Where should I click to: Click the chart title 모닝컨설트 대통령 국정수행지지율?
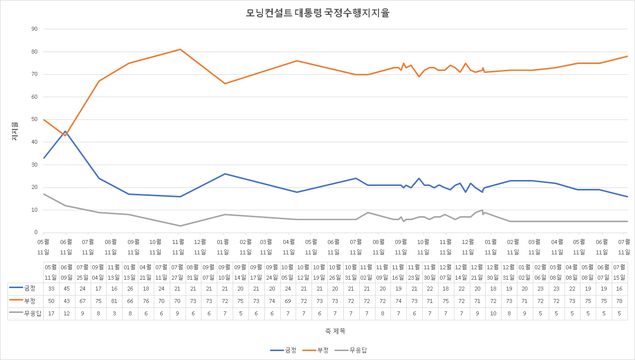[317, 13]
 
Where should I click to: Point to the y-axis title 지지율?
[15, 131]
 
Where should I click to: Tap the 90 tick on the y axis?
[34, 29]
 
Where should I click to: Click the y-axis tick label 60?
[34, 97]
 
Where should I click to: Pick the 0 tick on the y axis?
[36, 233]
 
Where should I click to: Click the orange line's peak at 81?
[180, 49]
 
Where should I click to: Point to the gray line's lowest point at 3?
[180, 226]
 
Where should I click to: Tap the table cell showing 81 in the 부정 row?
[114, 301]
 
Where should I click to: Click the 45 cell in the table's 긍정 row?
[66, 289]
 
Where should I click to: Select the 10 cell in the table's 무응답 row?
[493, 313]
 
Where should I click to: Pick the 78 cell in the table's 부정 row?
[619, 301]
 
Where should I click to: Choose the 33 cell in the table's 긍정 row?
[51, 289]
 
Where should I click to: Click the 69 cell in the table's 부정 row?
[288, 301]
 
